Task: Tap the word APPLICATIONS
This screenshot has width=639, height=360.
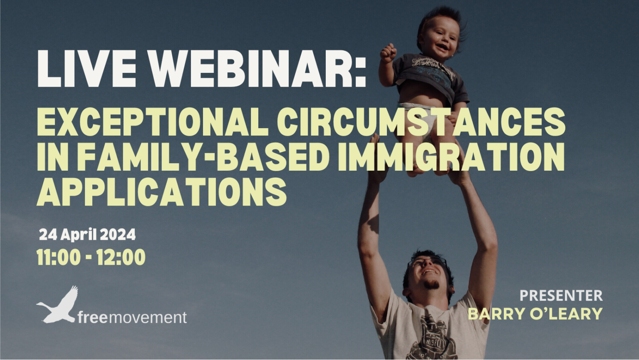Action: coord(162,192)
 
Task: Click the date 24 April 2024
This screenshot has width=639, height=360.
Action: coord(87,235)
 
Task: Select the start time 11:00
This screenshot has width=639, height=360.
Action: coord(58,257)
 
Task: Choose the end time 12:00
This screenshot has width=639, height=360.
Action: coord(121,257)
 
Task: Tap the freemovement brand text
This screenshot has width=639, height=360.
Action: coord(132,318)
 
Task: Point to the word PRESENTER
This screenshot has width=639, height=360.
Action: coord(561,295)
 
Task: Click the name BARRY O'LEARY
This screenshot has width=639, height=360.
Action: coord(535,313)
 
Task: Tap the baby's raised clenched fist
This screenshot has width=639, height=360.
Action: coord(388,52)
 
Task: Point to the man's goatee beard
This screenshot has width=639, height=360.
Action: coord(431,285)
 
